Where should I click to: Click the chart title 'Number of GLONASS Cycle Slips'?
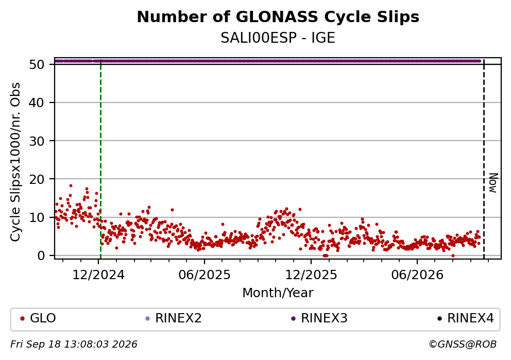pos(278,17)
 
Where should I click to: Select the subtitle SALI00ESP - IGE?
pos(278,38)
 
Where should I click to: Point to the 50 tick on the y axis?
pos(37,64)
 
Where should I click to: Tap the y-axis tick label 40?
pos(37,102)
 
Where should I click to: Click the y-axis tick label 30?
pos(37,141)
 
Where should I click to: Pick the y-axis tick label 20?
pos(37,179)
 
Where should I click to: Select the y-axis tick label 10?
pos(37,217)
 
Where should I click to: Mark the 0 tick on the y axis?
pos(40,255)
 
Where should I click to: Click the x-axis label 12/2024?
pos(98,275)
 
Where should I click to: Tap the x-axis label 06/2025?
pos(205,275)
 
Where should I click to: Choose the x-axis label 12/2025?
pos(311,275)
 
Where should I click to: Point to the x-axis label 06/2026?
pos(417,275)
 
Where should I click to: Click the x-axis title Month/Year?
pos(278,293)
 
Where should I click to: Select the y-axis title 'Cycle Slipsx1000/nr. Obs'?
pos(15,162)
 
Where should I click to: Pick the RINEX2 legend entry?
pos(174,318)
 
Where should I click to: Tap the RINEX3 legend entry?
pos(319,318)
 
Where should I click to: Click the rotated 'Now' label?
pos(493,183)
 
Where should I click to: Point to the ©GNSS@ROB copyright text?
pos(463,345)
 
